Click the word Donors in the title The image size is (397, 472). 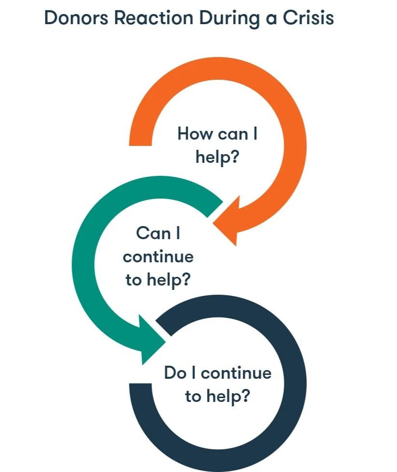(76, 18)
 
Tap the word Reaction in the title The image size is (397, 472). (153, 18)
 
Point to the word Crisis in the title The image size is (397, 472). (308, 18)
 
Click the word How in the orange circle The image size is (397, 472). (195, 133)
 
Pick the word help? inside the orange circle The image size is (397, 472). (217, 157)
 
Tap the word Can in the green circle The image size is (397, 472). (153, 233)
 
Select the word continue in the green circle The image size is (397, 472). (158, 257)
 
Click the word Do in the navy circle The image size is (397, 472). (175, 372)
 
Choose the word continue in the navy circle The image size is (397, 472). (236, 373)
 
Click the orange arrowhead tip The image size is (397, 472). (213, 224)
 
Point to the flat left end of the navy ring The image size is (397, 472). (140, 384)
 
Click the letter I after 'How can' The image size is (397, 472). (255, 133)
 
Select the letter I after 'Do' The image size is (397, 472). (194, 372)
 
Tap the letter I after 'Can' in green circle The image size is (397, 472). (178, 233)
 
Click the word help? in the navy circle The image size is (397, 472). (228, 397)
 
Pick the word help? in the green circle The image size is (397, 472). (169, 280)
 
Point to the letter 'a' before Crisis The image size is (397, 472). (272, 19)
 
